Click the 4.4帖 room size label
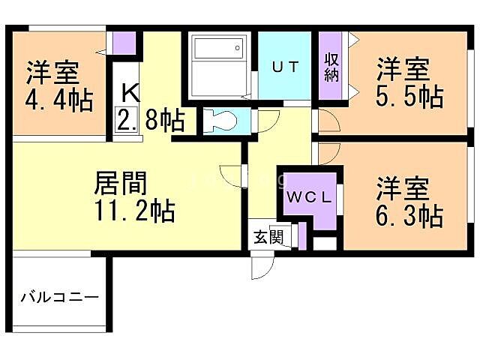pyautogui.click(x=60, y=99)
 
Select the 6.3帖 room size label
pyautogui.click(x=409, y=215)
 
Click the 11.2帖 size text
pyautogui.click(x=135, y=211)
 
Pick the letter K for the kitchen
pyautogui.click(x=130, y=92)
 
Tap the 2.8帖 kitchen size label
pyautogui.click(x=151, y=119)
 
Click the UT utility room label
pyautogui.click(x=285, y=67)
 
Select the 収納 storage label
pyautogui.click(x=331, y=66)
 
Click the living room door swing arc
pyautogui.click(x=232, y=175)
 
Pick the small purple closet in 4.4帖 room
pyautogui.click(x=125, y=43)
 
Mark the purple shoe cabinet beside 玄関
pyautogui.click(x=302, y=235)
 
